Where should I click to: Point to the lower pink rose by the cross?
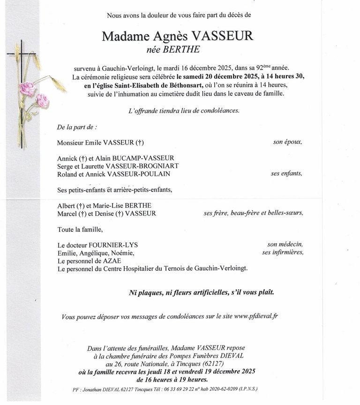click(42, 100)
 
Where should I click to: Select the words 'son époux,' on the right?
click(287, 142)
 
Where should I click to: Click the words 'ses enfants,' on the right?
click(286, 174)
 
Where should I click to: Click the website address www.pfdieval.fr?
click(255, 316)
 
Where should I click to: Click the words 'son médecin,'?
click(285, 245)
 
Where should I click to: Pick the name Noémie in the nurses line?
click(122, 253)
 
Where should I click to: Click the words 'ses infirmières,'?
click(283, 252)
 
